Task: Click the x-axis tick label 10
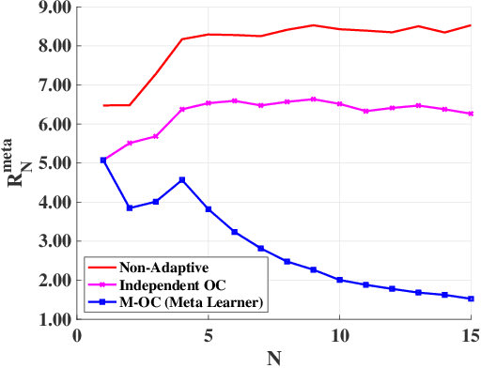click(339, 335)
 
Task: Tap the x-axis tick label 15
click(471, 335)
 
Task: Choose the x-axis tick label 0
click(77, 335)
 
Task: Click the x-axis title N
click(273, 356)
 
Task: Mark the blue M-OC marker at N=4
click(182, 179)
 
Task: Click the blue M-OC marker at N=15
click(471, 299)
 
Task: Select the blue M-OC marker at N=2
click(130, 207)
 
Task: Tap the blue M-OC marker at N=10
click(339, 280)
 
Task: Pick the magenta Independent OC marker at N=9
click(313, 99)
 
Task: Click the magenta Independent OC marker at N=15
click(471, 114)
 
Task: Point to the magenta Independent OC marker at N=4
click(182, 109)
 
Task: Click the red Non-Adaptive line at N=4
click(182, 39)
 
